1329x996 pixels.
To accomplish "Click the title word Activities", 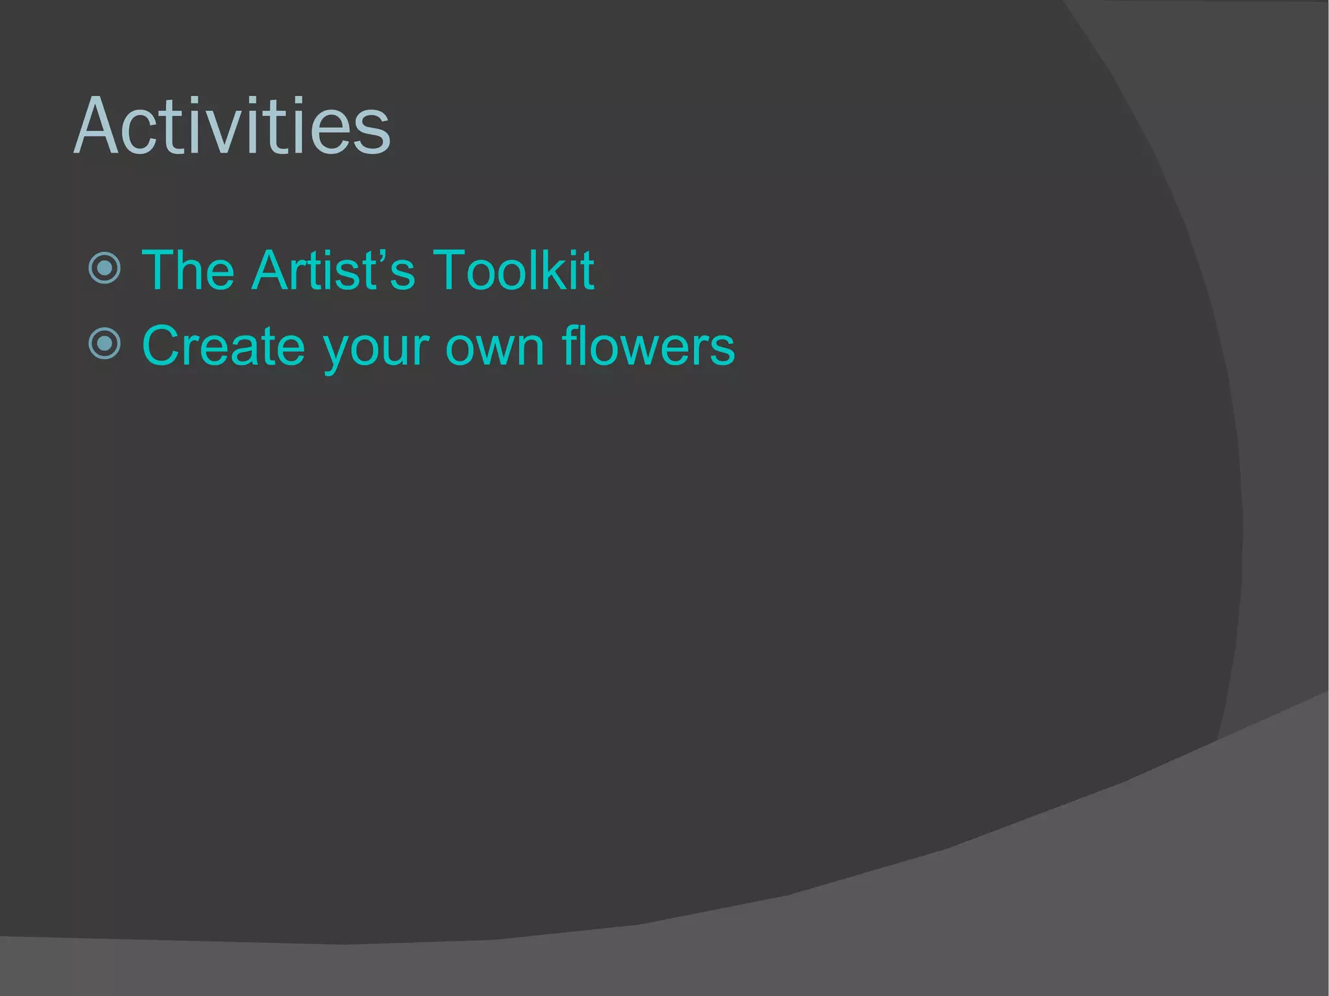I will click(232, 127).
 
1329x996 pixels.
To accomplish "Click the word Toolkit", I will click(513, 270).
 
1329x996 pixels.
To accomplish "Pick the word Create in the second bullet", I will click(223, 346).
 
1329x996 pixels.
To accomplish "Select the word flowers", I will click(648, 346).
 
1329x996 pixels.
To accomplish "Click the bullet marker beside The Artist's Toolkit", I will click(104, 268).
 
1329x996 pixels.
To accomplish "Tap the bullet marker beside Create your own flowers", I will click(104, 343).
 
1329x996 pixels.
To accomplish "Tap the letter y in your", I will click(338, 354).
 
